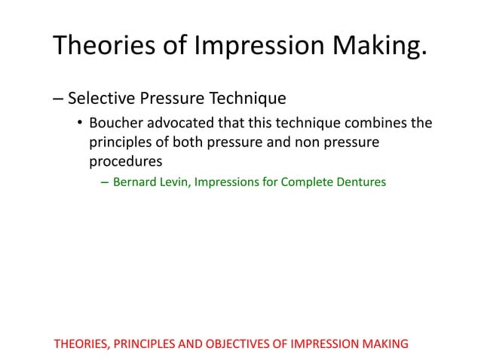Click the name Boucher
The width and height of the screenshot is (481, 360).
click(117, 124)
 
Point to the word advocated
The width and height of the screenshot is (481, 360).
click(182, 124)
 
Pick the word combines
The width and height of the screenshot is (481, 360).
click(375, 124)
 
